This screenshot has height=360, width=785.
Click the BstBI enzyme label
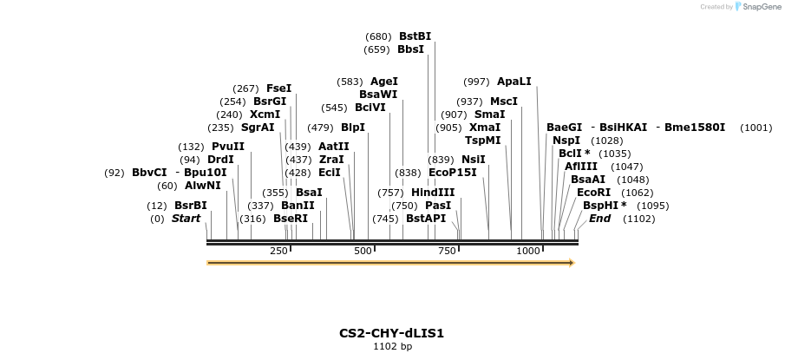click(415, 36)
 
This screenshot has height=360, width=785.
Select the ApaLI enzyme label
click(514, 82)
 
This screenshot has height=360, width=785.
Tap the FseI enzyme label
click(278, 88)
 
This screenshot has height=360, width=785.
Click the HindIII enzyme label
click(432, 193)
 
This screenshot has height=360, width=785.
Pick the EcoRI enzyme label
click(593, 193)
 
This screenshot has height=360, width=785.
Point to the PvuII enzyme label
click(227, 147)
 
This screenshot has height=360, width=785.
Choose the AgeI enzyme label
click(383, 82)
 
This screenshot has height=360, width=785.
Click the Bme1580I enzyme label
click(694, 128)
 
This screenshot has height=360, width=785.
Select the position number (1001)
click(756, 128)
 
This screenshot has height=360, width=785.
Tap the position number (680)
click(378, 36)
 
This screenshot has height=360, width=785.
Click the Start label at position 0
click(186, 219)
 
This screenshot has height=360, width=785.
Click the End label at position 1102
click(599, 219)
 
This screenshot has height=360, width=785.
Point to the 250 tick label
click(278, 251)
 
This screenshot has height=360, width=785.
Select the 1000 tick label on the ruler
click(528, 251)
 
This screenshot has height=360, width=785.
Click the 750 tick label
click(446, 251)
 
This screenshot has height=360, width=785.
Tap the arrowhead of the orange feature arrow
click(571, 262)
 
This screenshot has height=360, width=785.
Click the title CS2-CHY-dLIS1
click(392, 333)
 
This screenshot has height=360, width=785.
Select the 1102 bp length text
click(392, 347)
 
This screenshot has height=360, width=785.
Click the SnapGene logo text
click(759, 7)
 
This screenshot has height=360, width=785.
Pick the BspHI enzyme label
click(605, 206)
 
